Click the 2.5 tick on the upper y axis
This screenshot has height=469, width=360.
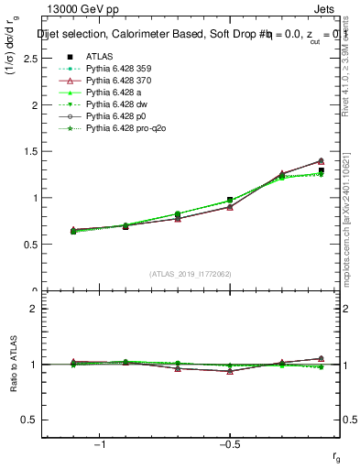30,58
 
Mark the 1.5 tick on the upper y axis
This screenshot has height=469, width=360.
30,151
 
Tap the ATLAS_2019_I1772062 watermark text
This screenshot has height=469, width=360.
191,274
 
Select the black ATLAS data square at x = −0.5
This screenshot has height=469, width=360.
230,200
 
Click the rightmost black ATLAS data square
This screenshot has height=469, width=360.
321,170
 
